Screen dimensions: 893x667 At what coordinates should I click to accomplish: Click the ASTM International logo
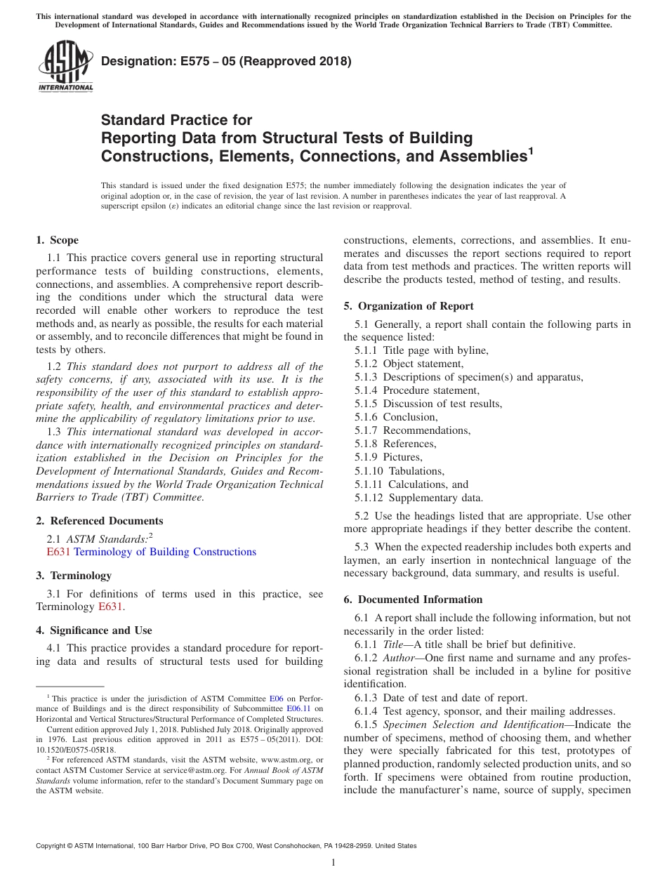coord(65,67)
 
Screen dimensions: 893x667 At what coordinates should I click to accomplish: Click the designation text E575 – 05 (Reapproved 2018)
coord(226,62)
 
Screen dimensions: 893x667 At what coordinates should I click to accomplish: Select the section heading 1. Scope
coord(58,240)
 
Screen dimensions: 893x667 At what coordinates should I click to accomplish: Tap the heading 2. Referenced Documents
coord(100,521)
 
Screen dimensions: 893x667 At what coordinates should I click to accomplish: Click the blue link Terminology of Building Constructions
coord(165,552)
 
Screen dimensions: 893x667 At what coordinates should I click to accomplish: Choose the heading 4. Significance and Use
coord(94,630)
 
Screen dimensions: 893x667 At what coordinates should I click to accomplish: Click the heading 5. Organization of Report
coord(409,306)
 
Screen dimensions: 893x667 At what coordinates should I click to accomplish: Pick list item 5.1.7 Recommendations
coord(412,430)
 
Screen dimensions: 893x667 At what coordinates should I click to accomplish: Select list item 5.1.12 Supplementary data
coord(418,498)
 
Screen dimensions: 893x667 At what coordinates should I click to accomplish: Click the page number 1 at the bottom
coord(333,863)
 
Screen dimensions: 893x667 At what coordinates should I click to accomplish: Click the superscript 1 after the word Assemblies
coord(531,150)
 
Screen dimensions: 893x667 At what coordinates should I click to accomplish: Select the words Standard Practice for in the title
coord(177,120)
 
